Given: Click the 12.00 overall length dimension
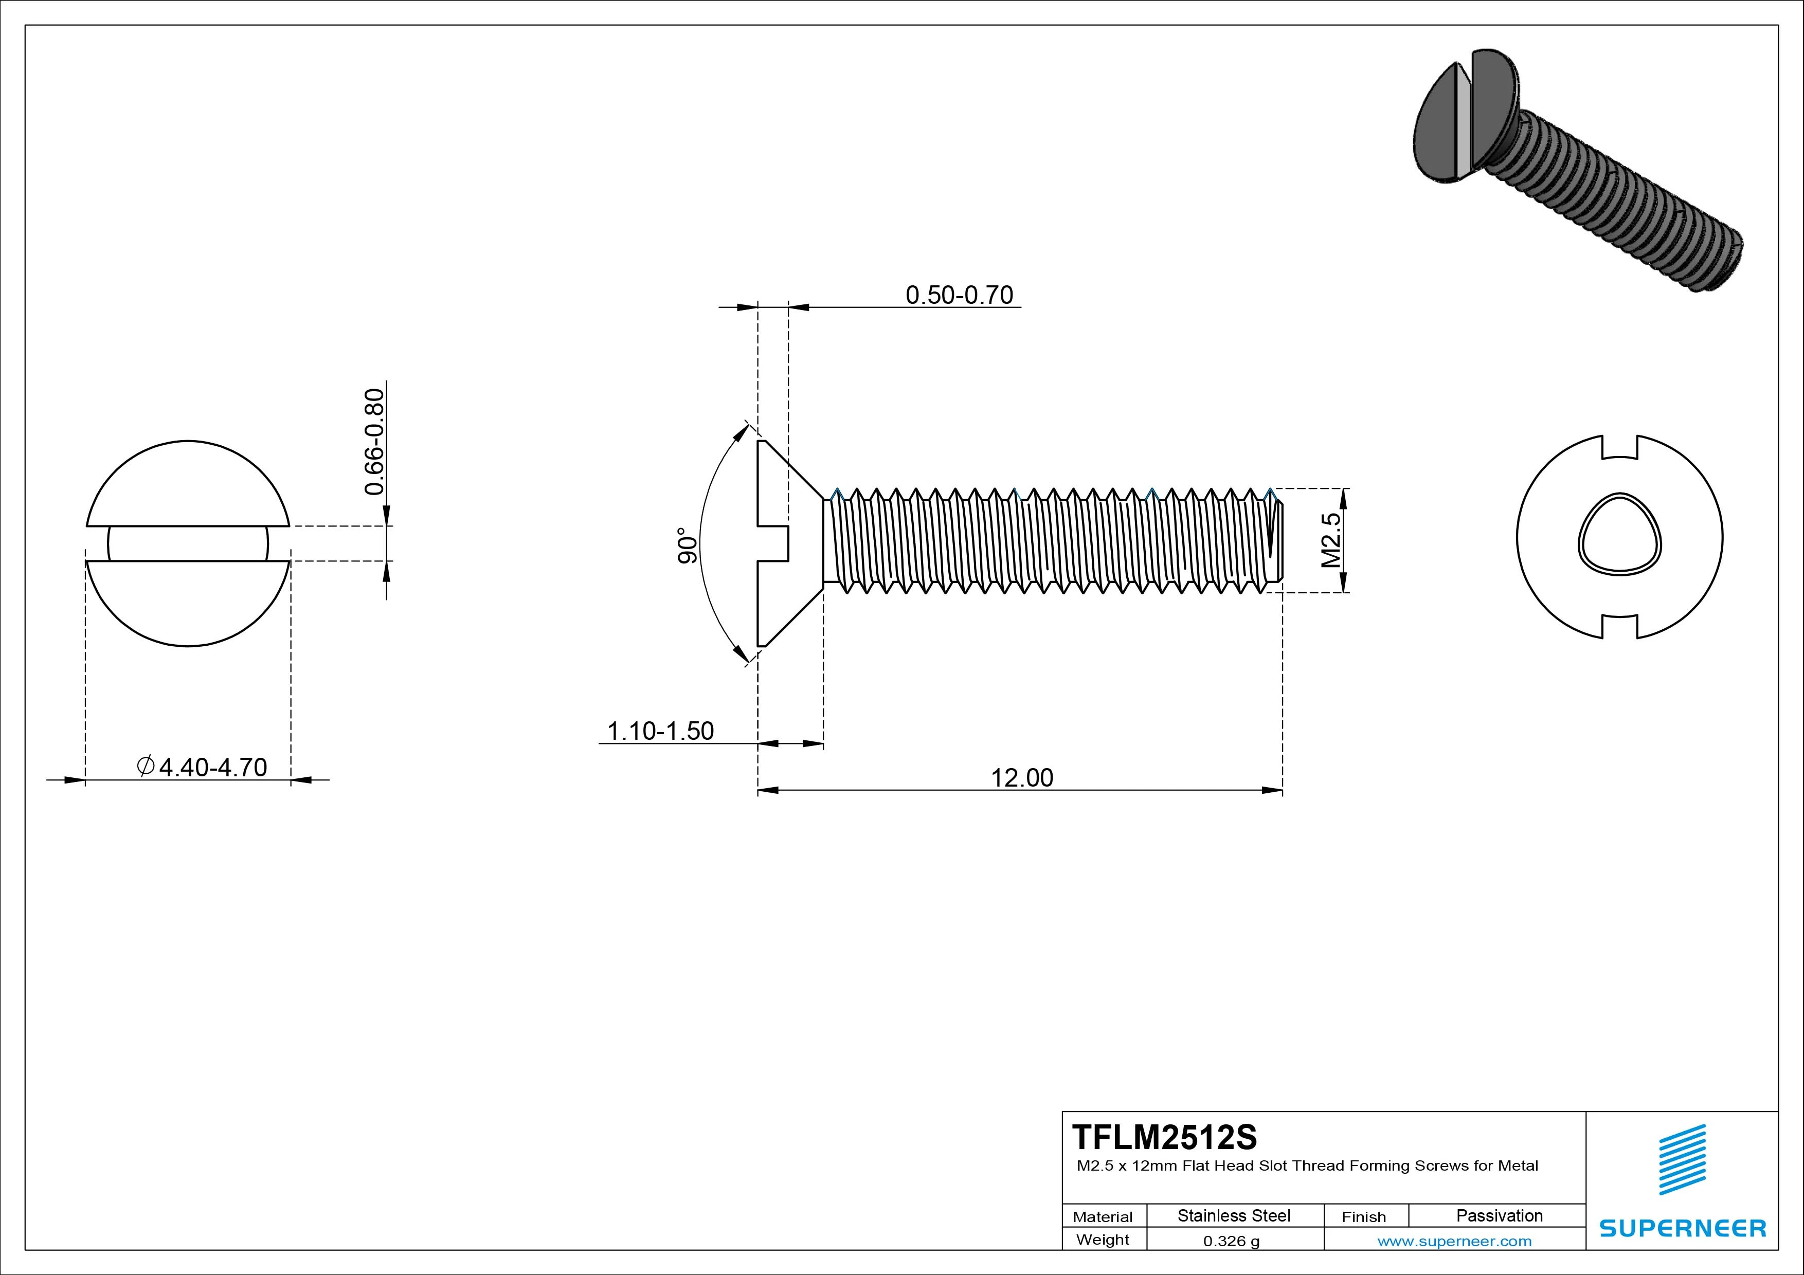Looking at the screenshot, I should click(x=1021, y=778).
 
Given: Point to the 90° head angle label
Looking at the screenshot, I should click(x=687, y=545).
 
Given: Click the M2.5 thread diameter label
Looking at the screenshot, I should click(x=1331, y=540).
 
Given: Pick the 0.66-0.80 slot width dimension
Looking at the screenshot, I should click(x=375, y=442).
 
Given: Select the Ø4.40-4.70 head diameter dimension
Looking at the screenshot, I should click(x=202, y=767).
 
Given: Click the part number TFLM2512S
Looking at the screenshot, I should click(x=1164, y=1137).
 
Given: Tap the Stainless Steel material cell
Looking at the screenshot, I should click(x=1234, y=1215).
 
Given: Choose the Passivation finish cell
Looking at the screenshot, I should click(x=1499, y=1215).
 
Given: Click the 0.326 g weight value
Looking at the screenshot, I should click(x=1231, y=1241).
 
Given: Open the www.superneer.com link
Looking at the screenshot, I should click(x=1454, y=1241).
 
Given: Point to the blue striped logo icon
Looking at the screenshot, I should click(x=1682, y=1159).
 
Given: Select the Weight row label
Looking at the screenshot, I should click(x=1103, y=1240).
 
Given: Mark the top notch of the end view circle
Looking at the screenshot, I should click(x=1619, y=448).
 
